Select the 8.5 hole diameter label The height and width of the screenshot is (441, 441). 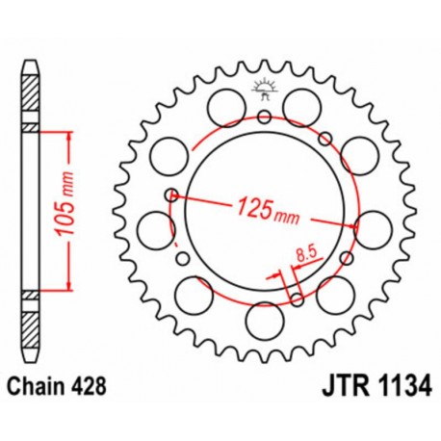(x=306, y=254)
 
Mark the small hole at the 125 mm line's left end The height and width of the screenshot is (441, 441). (x=171, y=195)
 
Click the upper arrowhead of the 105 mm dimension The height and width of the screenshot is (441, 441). (x=69, y=131)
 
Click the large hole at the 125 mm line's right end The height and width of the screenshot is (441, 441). (x=369, y=230)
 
